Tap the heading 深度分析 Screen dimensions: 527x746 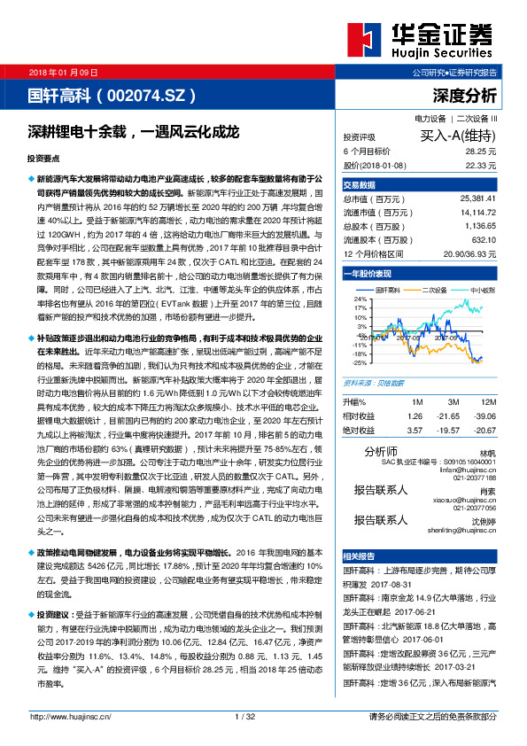click(465, 95)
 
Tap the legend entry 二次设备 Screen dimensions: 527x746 click(436, 290)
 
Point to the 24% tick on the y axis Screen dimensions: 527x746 click(360, 299)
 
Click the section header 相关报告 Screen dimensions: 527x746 click(360, 556)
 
